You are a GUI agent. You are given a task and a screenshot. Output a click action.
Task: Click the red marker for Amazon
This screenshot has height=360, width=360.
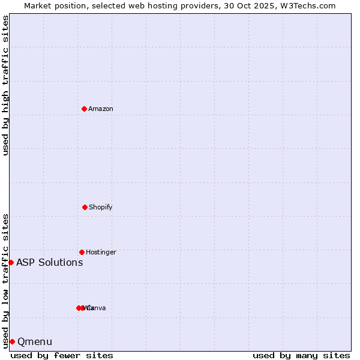coord(85,109)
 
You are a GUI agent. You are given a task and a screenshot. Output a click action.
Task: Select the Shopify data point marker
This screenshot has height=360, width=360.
coord(85,207)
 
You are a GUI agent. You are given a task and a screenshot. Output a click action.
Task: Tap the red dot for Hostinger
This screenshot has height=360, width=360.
coord(82,252)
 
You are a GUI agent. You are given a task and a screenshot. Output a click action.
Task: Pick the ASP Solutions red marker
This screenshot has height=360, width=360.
coord(11,262)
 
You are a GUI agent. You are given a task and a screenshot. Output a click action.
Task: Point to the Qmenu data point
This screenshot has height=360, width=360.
coord(12,341)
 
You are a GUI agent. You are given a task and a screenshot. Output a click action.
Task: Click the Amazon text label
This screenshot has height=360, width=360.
coord(101,109)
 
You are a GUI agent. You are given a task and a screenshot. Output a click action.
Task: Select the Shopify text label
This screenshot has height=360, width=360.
coord(101,207)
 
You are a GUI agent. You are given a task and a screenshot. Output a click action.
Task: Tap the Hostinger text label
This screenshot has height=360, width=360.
coord(101,252)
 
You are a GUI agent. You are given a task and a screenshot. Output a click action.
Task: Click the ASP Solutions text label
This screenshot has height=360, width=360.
coord(50,262)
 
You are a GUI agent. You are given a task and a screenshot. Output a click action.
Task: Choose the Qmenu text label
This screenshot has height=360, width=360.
coord(35,341)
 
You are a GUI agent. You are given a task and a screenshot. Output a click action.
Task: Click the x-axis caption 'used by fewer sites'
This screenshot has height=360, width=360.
coord(62,355)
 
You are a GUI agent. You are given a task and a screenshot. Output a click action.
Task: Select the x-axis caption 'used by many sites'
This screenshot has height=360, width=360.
coord(301,355)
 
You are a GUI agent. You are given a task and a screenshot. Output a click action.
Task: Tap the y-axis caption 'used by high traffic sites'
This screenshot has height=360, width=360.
coord(5,85)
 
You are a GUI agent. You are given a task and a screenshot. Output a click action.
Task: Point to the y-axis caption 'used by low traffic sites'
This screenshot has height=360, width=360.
coord(5,280)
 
